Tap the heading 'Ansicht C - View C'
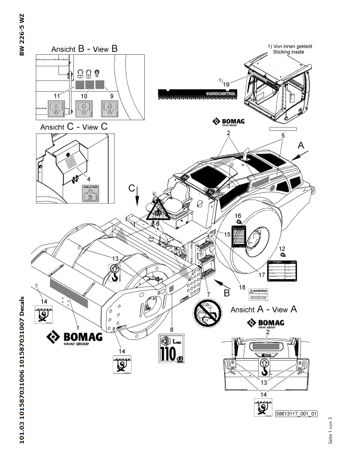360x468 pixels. pos(73,127)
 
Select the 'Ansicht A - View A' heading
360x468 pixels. pos(263,309)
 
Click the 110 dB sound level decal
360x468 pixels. pos(171,349)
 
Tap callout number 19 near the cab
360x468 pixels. pos(226,85)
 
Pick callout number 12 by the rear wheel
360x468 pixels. pos(283,248)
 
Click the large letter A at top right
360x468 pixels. pos(301,145)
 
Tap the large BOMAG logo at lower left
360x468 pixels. pos(75,338)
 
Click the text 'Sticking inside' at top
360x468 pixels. pos(288,52)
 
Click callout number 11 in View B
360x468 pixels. pos(57,95)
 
